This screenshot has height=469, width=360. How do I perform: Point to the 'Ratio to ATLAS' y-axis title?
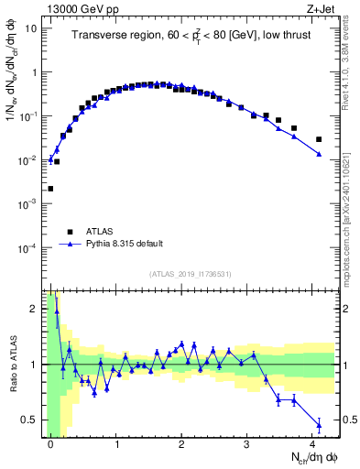pyautogui.click(x=12, y=365)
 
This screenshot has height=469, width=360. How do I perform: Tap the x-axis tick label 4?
pyautogui.click(x=312, y=444)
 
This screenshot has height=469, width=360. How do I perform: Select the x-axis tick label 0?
pyautogui.click(x=50, y=444)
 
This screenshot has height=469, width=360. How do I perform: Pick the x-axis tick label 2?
pyautogui.click(x=181, y=444)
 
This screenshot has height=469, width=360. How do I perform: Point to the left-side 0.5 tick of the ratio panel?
pyautogui.click(x=33, y=420)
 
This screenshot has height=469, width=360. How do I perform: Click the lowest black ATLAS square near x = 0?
pyautogui.click(x=50, y=189)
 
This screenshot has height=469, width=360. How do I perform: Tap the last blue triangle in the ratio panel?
pyautogui.click(x=319, y=424)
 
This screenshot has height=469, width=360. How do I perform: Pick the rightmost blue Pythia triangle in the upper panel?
pyautogui.click(x=319, y=154)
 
